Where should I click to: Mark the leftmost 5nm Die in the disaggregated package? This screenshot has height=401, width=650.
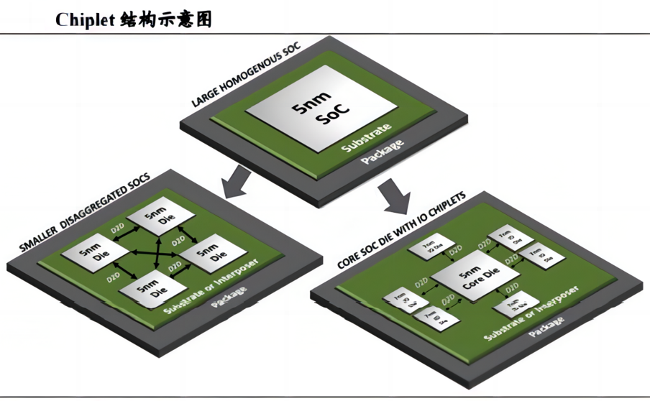coord(88,254)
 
